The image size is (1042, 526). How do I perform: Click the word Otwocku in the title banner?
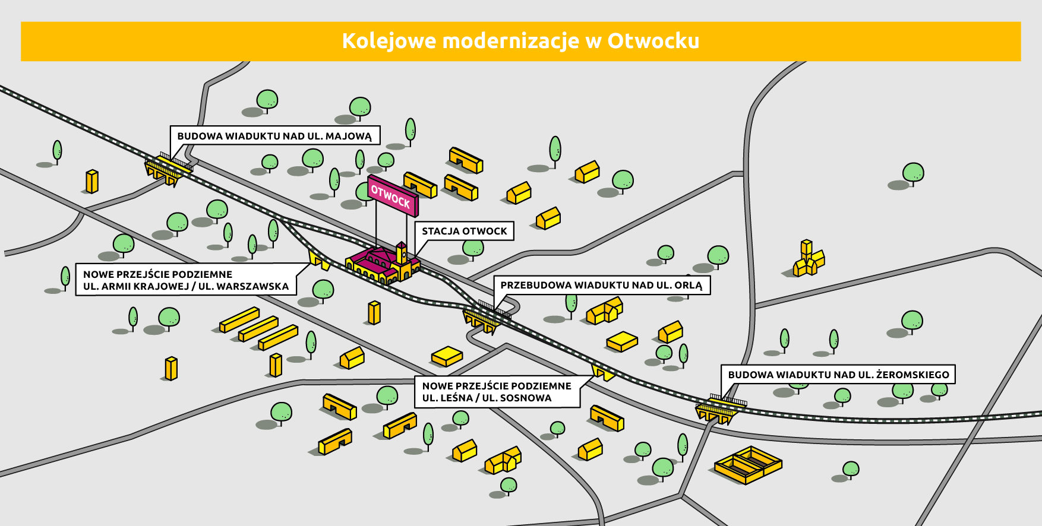653,41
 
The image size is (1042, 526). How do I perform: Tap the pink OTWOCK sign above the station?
392,195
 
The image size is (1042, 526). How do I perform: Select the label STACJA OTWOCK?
464,231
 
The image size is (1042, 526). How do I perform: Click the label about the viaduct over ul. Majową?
274,136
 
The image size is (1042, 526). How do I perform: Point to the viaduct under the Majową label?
168,169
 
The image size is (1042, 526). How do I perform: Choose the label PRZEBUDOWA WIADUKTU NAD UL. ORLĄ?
601,286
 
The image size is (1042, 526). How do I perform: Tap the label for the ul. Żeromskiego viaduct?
838,375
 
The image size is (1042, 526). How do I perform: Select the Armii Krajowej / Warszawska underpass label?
185,280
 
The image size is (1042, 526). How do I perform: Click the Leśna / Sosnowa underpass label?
497,392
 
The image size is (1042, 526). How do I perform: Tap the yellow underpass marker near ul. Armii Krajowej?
318,260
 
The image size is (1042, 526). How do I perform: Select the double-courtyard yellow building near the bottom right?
747,464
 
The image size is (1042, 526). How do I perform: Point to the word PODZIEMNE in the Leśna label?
544,386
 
